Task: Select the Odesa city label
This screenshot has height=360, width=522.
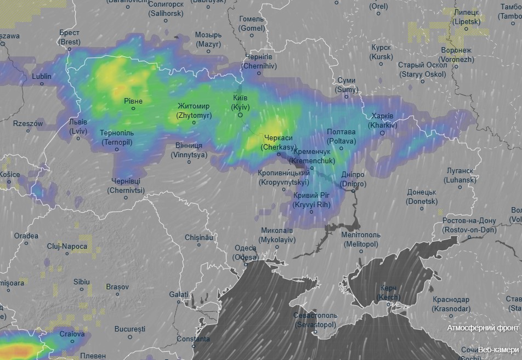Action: [245, 252]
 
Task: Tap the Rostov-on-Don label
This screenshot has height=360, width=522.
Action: [469, 225]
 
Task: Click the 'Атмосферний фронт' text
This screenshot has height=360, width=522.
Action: [483, 328]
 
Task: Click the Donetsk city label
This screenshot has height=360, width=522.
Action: [422, 197]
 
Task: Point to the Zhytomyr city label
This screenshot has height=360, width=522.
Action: [193, 111]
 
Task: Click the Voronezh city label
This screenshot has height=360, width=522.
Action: [456, 54]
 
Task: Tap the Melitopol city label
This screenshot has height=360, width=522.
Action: [360, 239]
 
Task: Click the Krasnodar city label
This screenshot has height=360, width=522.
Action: [451, 304]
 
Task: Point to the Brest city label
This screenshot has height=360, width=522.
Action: [70, 37]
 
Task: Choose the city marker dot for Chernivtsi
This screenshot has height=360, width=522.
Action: [126, 198]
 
